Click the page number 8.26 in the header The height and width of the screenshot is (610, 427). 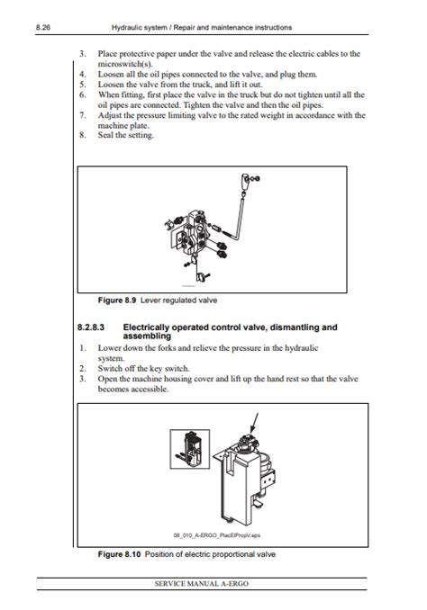(x=42, y=28)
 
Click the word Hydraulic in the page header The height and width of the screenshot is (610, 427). (x=130, y=28)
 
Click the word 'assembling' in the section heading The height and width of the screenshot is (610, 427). (x=149, y=336)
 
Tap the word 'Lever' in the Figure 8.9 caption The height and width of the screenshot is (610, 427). (x=153, y=299)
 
